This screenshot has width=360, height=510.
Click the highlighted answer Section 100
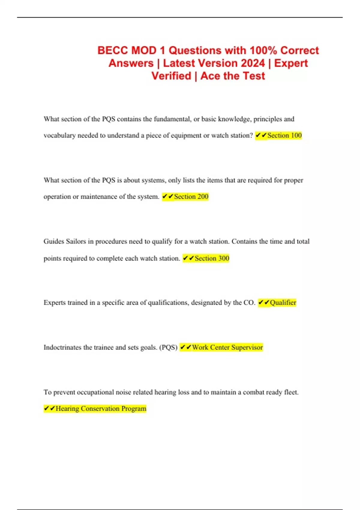[x=284, y=136]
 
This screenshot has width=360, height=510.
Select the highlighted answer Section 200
[x=191, y=197]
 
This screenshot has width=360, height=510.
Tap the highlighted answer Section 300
[x=212, y=258]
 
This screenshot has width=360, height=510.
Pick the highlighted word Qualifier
[x=283, y=303]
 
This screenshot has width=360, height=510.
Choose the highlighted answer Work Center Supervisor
[x=227, y=347]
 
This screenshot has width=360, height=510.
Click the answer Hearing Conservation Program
[x=101, y=409]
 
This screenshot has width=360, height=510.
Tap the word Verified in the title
[x=171, y=76]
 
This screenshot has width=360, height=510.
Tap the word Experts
[x=55, y=303]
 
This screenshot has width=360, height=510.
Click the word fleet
[x=291, y=392]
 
